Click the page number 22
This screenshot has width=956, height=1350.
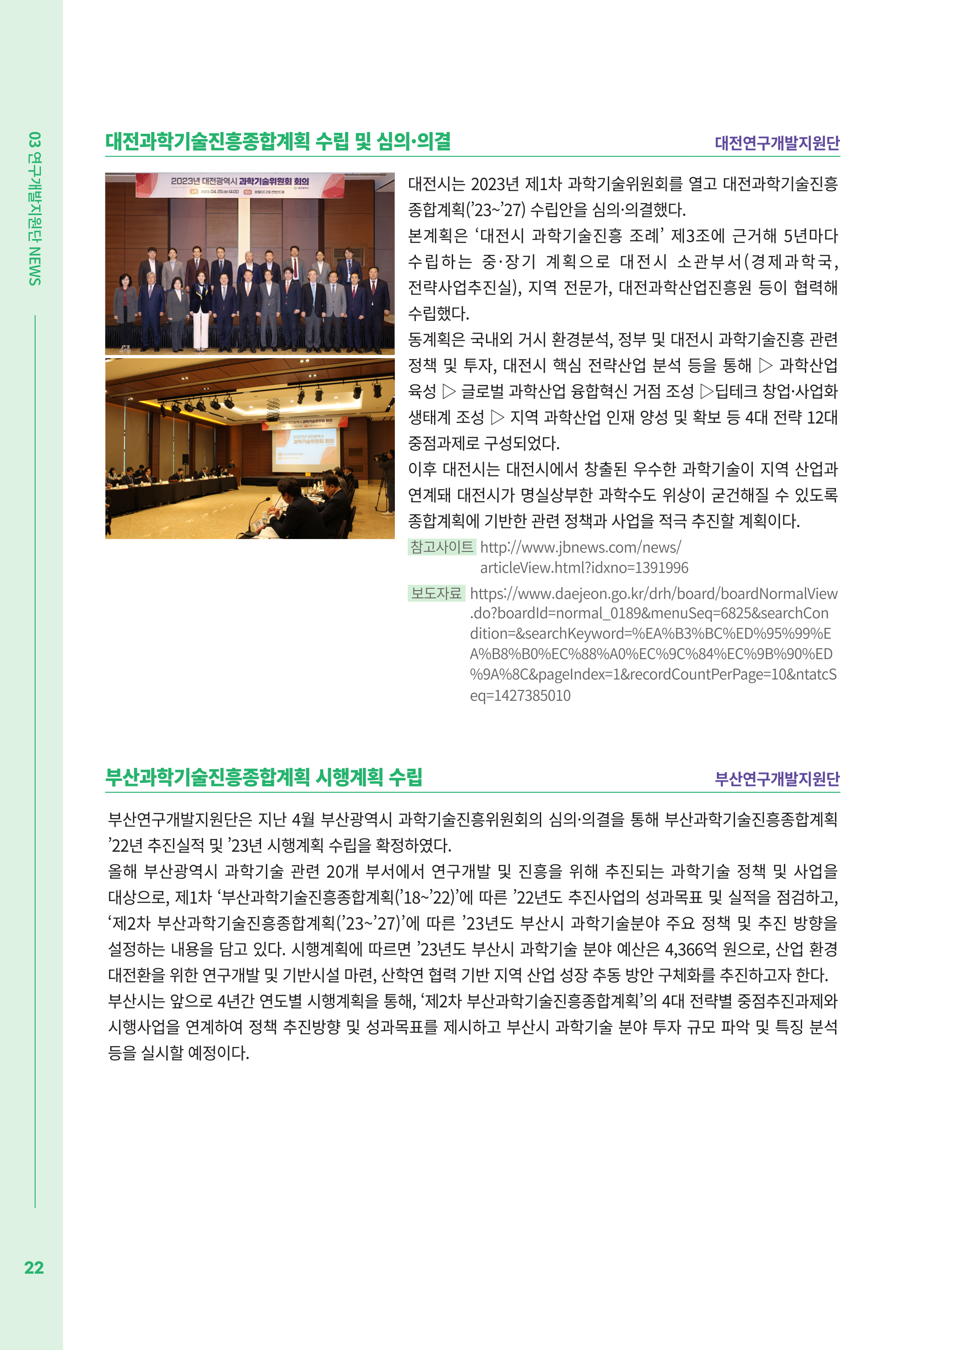(x=33, y=1267)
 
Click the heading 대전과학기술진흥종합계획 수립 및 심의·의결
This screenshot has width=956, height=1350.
(x=278, y=141)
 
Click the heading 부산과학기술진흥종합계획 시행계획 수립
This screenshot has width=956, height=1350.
(x=264, y=777)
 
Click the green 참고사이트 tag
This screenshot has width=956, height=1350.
(x=442, y=547)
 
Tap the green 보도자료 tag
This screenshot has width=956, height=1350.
(x=436, y=593)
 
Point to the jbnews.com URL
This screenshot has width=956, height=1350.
(x=580, y=547)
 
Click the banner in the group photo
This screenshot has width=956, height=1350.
(x=240, y=184)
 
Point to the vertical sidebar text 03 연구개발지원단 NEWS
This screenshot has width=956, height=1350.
(x=35, y=209)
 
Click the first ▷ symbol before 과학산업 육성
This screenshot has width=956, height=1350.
(x=765, y=366)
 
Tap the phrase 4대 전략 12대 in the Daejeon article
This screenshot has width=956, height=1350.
(x=791, y=418)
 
